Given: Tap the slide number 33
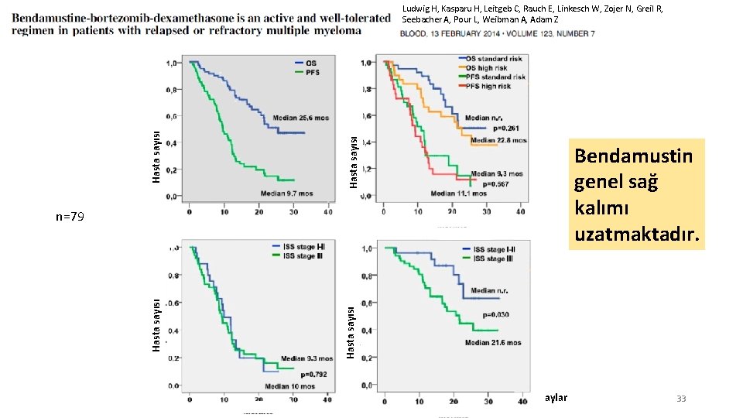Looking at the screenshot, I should coord(681,399).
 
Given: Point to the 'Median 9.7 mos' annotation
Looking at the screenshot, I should coord(286,193).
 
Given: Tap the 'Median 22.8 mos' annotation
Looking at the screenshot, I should coord(498,141).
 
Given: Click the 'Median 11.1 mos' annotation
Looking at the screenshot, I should coord(457,194).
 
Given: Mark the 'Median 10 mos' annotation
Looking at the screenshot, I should coord(289,386).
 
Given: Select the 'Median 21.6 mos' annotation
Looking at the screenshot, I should coord(493,342).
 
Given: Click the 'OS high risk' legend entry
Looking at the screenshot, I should coord(486,68).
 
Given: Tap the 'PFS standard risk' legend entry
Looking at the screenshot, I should coord(495,77).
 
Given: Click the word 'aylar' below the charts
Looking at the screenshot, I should coord(554,398).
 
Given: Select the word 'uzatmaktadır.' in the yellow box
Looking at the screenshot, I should coord(638,233).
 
